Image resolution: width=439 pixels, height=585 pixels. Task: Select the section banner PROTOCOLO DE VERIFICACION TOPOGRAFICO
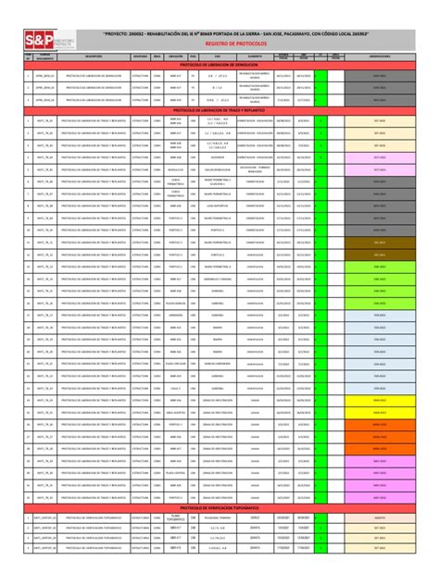(x=219, y=508)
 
